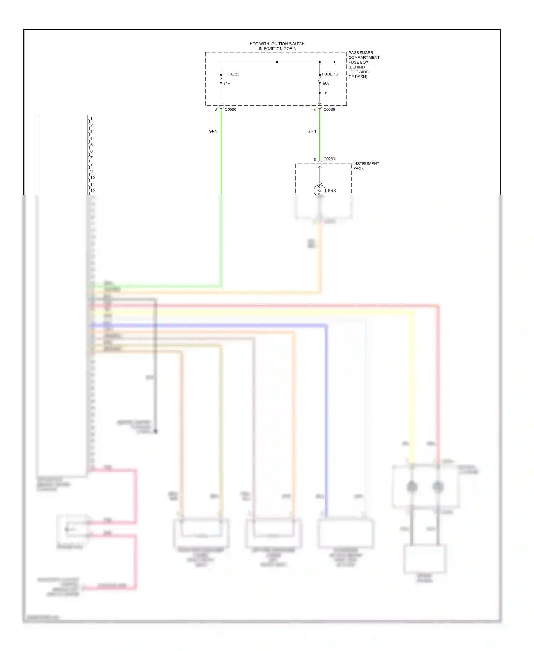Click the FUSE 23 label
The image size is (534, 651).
[x=231, y=74]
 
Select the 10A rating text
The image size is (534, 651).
[x=227, y=84]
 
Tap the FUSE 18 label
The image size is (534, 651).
[x=330, y=74]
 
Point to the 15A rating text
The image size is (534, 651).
[x=325, y=84]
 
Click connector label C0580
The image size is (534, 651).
[x=230, y=110]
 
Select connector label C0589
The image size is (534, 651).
[x=329, y=110]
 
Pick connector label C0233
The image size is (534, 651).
[x=329, y=159]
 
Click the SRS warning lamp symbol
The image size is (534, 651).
[x=319, y=190]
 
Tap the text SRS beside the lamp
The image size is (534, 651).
[x=331, y=191]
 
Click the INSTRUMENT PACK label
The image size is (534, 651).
[x=366, y=166]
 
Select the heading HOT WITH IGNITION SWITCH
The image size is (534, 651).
[x=277, y=44]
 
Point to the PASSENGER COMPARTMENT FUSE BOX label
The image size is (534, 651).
[x=363, y=64]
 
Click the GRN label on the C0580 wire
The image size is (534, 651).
[x=213, y=131]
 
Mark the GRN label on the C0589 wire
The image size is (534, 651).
[x=311, y=131]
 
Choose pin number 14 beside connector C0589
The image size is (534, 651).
[x=314, y=110]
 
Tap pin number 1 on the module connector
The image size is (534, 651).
[x=91, y=119]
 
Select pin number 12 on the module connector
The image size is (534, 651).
[x=93, y=191]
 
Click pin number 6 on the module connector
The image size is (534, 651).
[x=91, y=151]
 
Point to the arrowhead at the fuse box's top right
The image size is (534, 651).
[x=335, y=62]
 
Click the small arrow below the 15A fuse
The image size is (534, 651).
[x=326, y=93]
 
